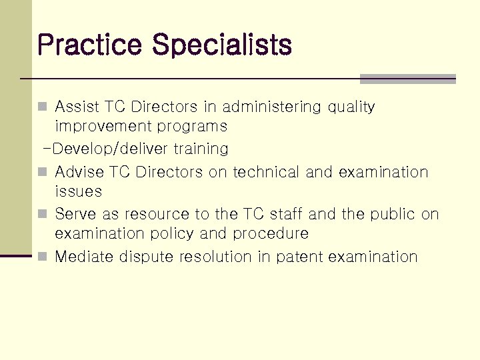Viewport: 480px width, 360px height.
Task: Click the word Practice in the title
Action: tap(90, 45)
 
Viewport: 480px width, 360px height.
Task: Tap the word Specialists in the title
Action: tap(221, 45)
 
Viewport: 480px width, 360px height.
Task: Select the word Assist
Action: tap(77, 107)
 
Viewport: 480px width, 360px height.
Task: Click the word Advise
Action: tap(79, 172)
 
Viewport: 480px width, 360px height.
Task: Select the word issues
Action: tap(78, 191)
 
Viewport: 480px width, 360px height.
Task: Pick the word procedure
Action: tap(270, 234)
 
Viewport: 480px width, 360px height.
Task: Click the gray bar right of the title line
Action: tap(407, 79)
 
